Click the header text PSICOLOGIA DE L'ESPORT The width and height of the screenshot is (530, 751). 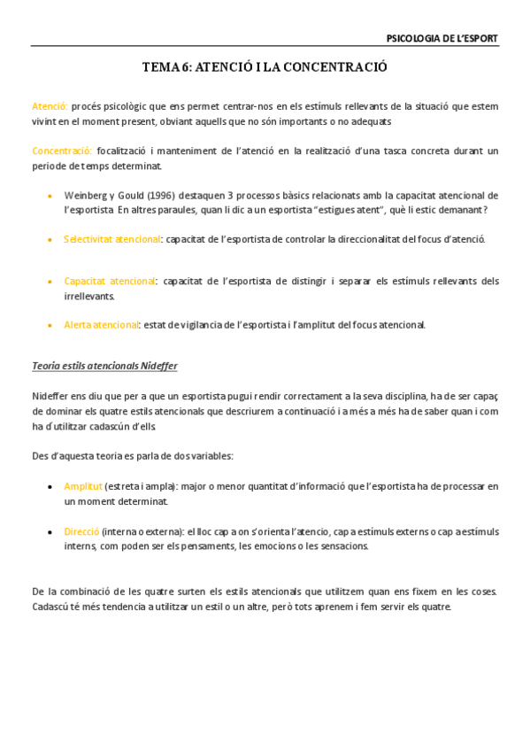442,38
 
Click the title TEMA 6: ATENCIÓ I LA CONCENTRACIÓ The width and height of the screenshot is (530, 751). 265,67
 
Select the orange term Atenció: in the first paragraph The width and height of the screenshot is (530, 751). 50,106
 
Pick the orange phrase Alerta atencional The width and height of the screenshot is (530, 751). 101,325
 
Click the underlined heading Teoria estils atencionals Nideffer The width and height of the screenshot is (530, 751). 110,365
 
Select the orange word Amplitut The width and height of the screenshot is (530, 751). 82,486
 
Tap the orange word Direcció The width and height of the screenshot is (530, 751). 81,531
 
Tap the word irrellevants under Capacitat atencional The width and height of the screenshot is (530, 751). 89,296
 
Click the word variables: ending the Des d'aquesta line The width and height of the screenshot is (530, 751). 210,455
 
